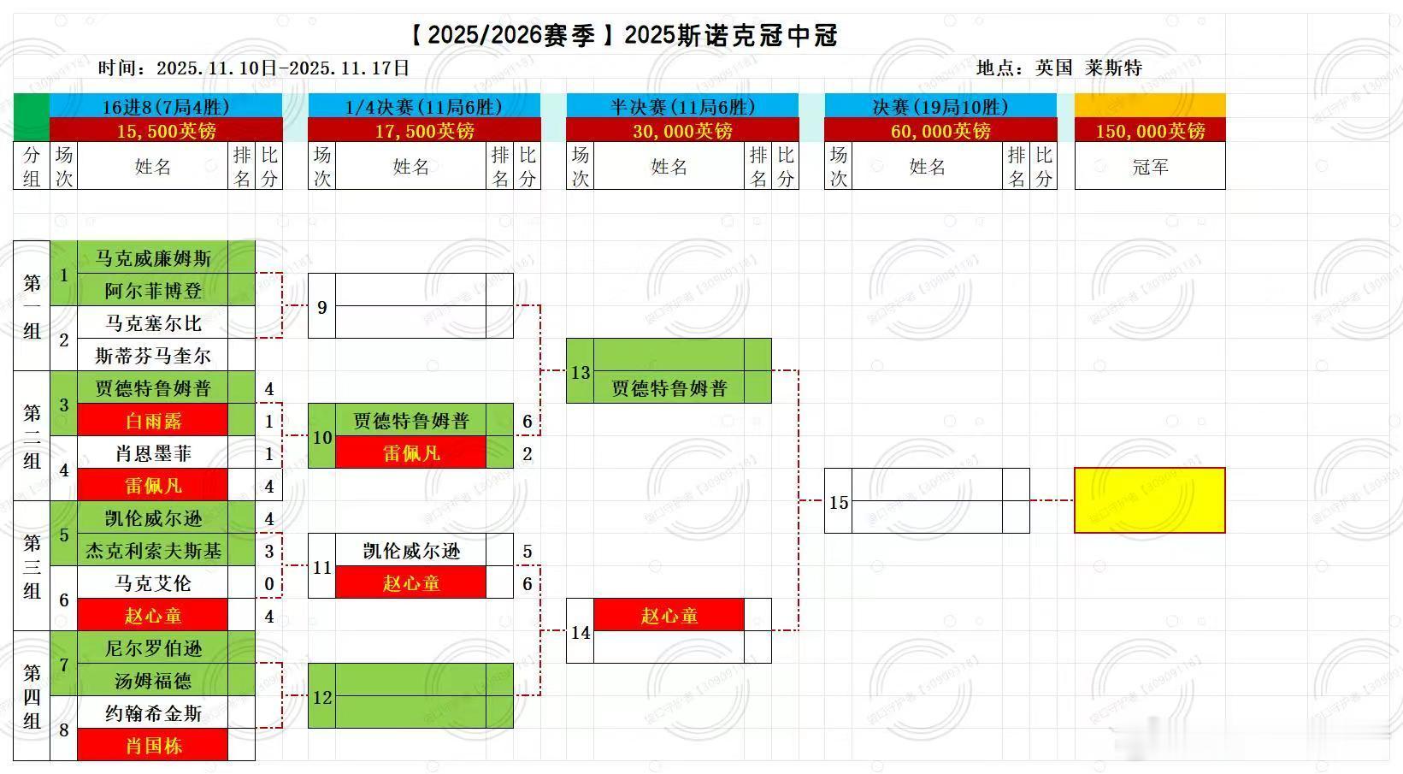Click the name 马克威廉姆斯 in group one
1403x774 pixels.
(x=153, y=257)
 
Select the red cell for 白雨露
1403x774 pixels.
(x=153, y=421)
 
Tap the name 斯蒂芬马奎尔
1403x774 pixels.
(x=153, y=356)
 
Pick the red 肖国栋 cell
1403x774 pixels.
(x=153, y=746)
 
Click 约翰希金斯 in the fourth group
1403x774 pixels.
(x=153, y=713)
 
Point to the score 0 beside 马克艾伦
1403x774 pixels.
(x=269, y=584)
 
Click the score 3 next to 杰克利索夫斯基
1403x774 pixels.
(x=269, y=552)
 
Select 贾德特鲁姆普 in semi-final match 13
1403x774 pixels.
(x=669, y=388)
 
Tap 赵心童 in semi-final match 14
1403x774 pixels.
(x=669, y=616)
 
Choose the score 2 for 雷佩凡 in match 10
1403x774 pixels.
(x=528, y=454)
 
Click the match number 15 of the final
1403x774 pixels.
(x=839, y=502)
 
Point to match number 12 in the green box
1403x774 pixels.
(x=322, y=697)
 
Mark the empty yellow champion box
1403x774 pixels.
(x=1149, y=500)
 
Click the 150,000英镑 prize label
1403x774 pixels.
(x=1150, y=131)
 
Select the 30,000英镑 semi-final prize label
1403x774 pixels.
(x=682, y=131)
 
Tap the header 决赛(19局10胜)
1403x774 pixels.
(x=940, y=107)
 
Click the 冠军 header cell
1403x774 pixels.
(x=1150, y=167)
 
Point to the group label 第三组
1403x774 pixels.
(x=32, y=566)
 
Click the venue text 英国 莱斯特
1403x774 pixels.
(x=1088, y=68)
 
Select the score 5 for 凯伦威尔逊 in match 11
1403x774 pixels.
(x=528, y=552)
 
